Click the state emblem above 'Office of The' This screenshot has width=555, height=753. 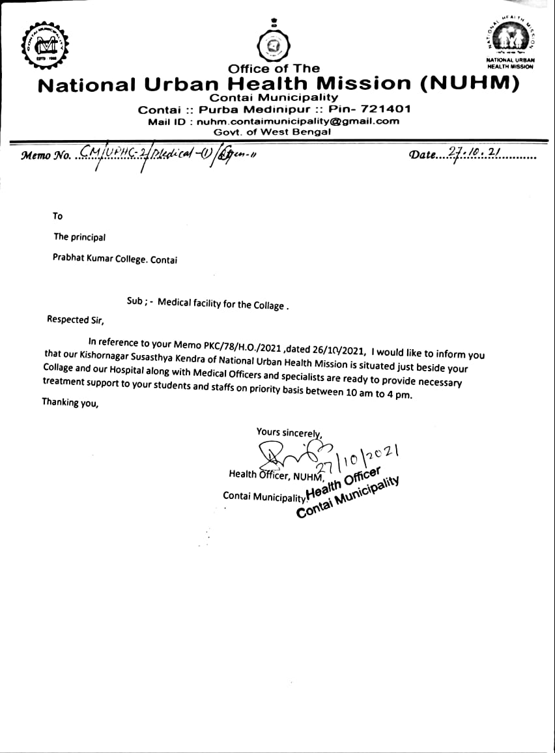pos(274,45)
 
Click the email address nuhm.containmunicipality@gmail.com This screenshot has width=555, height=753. pos(298,121)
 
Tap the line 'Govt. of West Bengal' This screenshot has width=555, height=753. pos(272,132)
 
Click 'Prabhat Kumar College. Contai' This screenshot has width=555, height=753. pos(115,259)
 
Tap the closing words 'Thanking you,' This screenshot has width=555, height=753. pos(70,403)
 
